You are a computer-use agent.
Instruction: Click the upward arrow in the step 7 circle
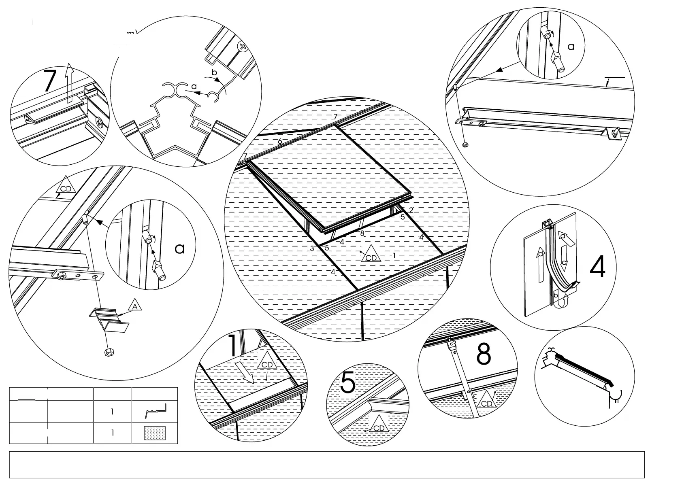[x=69, y=83]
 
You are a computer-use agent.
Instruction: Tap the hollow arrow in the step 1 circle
[x=245, y=372]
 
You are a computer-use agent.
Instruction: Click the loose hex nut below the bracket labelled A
[x=109, y=352]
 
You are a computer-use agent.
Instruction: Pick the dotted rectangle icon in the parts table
[x=155, y=433]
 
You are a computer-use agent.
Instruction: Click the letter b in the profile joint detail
[x=215, y=73]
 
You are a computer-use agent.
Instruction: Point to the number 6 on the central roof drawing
[x=280, y=141]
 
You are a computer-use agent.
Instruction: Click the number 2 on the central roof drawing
[x=411, y=210]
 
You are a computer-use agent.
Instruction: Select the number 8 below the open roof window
[x=362, y=233]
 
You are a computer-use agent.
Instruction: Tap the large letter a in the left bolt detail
[x=180, y=248]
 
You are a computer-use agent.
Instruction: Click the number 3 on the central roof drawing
[x=312, y=249]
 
